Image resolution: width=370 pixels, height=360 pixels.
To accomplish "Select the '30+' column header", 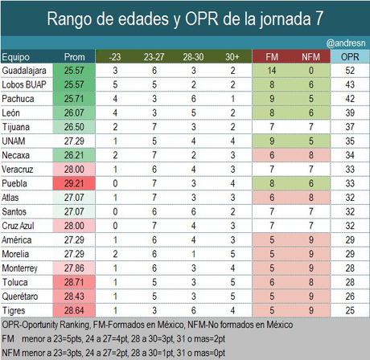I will tap(232, 58).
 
